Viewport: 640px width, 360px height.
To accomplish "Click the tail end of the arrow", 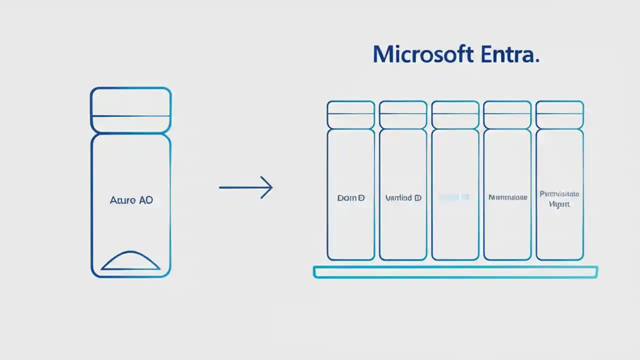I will (220, 187).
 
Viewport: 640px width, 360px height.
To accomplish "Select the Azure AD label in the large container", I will (131, 200).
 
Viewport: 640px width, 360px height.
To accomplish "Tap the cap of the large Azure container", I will (130, 110).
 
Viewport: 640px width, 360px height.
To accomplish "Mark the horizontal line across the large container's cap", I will (130, 116).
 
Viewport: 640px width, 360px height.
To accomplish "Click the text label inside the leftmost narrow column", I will (351, 198).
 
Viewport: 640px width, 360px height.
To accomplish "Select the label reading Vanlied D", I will (403, 198).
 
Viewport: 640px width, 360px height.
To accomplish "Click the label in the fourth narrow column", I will (507, 197).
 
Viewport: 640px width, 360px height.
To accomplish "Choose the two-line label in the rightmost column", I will (559, 198).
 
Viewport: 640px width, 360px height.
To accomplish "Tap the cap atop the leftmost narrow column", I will (351, 114).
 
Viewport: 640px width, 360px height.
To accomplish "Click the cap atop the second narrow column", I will (403, 114).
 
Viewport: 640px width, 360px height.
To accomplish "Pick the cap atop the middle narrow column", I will (455, 114).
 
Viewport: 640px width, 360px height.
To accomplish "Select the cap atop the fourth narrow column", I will (507, 114).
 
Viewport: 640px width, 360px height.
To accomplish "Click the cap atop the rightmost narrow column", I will (559, 114).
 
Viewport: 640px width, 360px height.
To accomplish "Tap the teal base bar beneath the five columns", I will (455, 272).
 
